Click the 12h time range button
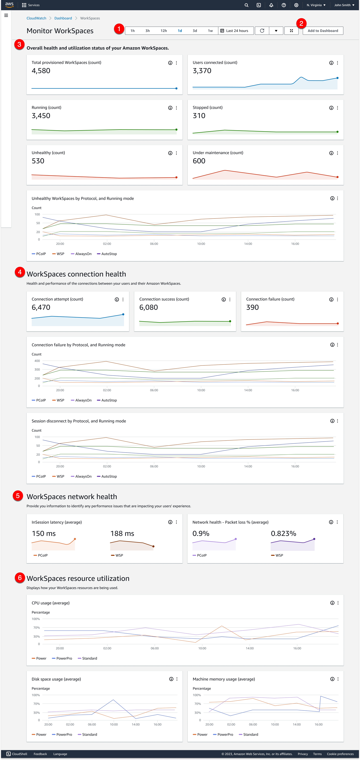[x=164, y=31]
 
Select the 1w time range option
[x=210, y=31]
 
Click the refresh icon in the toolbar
[x=262, y=31]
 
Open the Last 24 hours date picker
[x=236, y=31]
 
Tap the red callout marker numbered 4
[x=20, y=272]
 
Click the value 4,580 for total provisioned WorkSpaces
[x=41, y=71]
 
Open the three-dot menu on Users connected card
[x=337, y=63]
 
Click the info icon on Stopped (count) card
[x=331, y=108]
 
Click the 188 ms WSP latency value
[x=122, y=533]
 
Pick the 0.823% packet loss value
[x=283, y=533]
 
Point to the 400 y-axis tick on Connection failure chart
[x=37, y=361]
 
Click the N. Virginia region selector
[x=316, y=5]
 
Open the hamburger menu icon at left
[x=6, y=15]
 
